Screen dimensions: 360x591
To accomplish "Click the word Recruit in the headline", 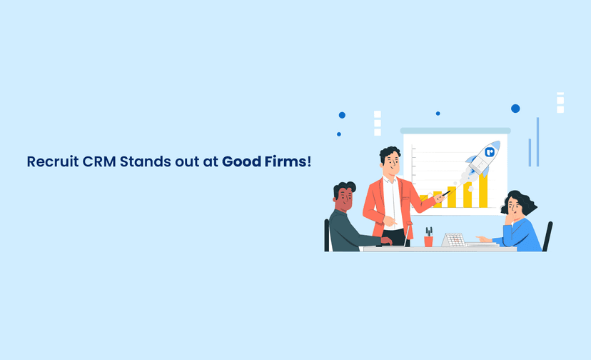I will tap(51, 161).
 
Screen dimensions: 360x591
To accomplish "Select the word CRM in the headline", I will tap(98, 161).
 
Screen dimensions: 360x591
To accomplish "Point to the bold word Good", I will tap(240, 161).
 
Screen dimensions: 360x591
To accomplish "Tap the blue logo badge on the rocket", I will tap(490, 151).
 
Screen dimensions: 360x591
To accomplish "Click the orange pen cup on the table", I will tap(428, 241).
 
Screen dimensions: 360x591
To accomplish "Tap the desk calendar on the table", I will tap(453, 240).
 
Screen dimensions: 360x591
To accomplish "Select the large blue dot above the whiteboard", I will tap(515, 109).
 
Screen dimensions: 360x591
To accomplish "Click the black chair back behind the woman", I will tap(547, 236).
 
